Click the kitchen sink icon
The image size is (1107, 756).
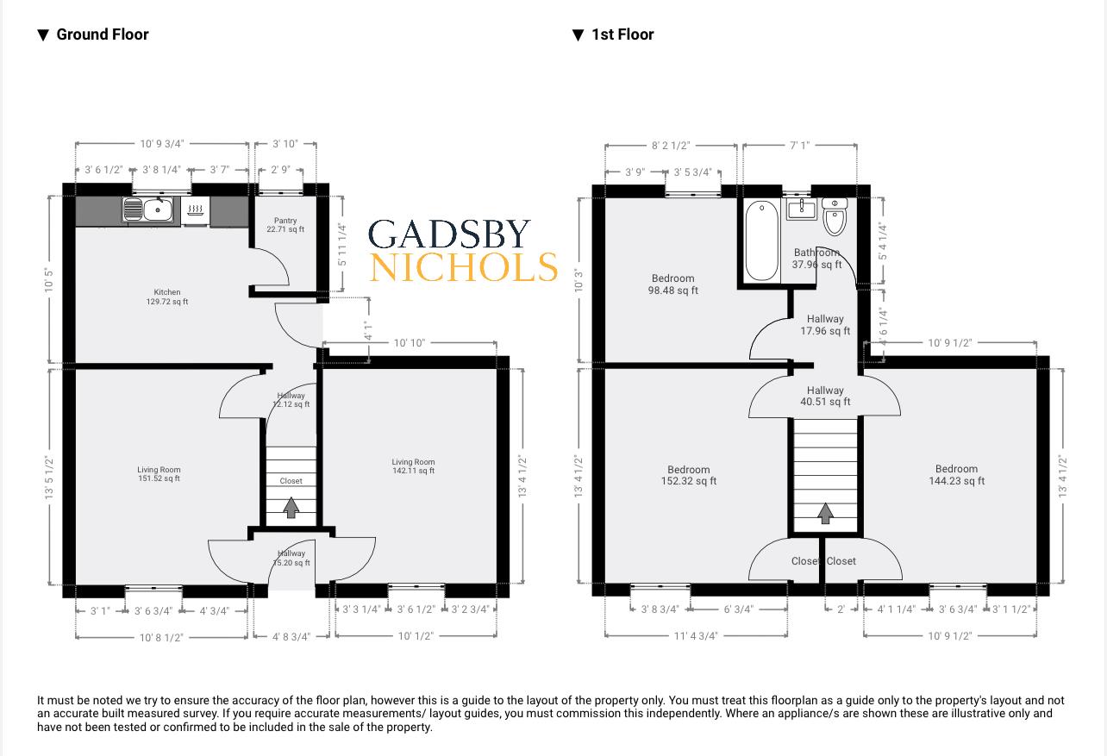[148, 209]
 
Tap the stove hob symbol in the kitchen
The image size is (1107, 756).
[196, 209]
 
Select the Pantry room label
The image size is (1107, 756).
[285, 225]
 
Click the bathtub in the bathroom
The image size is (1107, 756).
[761, 241]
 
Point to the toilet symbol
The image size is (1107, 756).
[835, 217]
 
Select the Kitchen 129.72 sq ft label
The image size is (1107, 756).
[167, 297]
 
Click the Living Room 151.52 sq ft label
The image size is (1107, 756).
[159, 474]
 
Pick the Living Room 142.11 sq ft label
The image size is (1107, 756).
[413, 466]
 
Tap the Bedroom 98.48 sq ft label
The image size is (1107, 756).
[673, 284]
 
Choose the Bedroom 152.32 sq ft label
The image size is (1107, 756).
[688, 475]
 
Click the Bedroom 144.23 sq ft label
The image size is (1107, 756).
[956, 475]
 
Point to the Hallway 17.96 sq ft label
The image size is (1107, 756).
[825, 325]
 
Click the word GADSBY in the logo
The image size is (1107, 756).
[449, 234]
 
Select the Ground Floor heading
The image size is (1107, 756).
[102, 34]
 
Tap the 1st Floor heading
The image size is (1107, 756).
[622, 34]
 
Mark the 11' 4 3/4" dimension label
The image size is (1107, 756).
[695, 636]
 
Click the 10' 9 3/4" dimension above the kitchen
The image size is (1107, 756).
[162, 144]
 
